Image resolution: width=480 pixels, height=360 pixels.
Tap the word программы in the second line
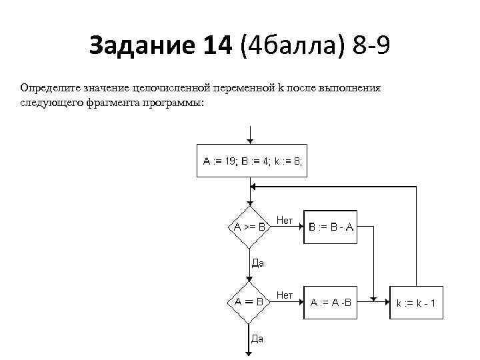[x=172, y=103]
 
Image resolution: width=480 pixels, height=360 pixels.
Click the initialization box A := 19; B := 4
[x=253, y=161]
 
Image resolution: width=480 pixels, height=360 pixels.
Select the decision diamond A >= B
[x=249, y=227]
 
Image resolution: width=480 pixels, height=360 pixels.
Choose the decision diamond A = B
[x=249, y=301]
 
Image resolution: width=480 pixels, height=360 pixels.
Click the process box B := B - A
[x=331, y=227]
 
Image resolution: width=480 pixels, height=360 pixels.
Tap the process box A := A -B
[x=332, y=302]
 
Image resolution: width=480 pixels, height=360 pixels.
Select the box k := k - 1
[x=417, y=303]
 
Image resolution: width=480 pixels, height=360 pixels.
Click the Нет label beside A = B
[x=285, y=295]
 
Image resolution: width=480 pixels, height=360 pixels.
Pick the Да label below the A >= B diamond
[x=257, y=263]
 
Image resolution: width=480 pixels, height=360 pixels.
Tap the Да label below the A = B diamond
[x=257, y=338]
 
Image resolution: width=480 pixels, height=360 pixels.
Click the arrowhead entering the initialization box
[x=249, y=140]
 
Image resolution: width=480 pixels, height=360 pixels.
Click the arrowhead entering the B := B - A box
[x=301, y=227]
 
